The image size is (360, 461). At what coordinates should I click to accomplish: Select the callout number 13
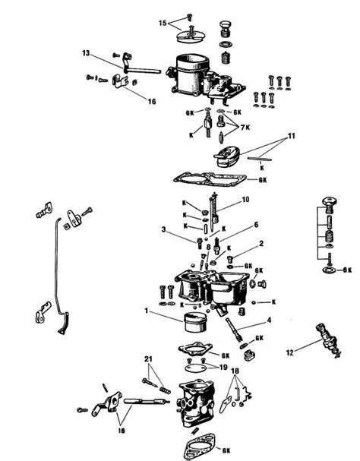coord(86,53)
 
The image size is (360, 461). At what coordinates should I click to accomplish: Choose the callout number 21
coord(150,358)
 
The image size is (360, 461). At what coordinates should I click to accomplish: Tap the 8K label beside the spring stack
coord(347,270)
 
